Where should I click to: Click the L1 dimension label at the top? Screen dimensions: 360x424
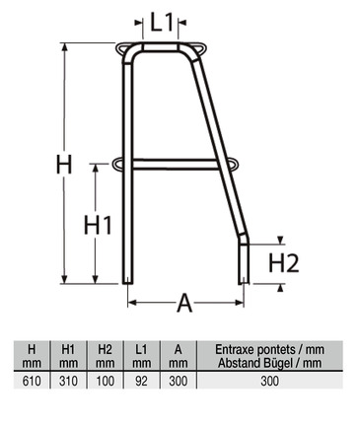pos(162,22)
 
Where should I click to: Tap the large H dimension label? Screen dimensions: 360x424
pos(64,165)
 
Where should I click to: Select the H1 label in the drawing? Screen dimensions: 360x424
pos(98,225)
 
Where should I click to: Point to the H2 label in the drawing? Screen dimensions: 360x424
pos(284,263)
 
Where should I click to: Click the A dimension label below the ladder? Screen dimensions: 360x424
pos(184,303)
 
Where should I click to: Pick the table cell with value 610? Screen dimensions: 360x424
pos(32,381)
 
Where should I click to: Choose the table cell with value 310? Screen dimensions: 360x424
pos(68,381)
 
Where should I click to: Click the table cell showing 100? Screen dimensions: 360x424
pos(106,381)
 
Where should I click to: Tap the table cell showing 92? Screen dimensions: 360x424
pos(141,381)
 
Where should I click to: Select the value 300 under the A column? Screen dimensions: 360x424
pos(178,381)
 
